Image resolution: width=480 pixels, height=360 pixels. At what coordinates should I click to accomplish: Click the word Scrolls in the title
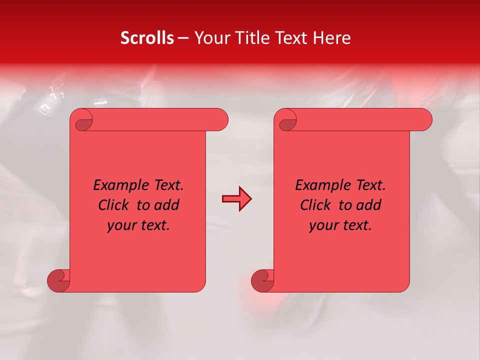147,38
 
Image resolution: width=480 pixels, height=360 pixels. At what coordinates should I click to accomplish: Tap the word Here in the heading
332,38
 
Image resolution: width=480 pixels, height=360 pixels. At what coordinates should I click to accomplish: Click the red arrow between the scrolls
236,199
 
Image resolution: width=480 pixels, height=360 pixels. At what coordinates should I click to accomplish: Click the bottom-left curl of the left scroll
58,280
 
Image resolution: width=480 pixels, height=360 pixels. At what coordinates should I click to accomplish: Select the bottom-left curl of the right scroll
262,280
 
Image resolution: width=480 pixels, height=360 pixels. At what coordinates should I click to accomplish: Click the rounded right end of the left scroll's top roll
220,119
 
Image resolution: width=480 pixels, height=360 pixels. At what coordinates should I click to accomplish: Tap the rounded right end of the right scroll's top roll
424,119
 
